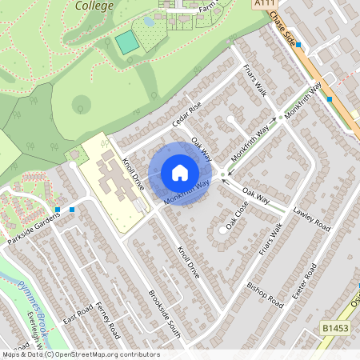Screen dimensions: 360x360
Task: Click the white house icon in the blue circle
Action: pos(180,172)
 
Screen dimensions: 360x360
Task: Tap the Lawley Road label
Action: pos(311,214)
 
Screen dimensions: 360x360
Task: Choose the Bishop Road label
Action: pos(265,294)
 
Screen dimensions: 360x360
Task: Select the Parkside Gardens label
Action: pos(31,218)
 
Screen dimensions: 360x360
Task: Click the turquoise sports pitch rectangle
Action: pos(126,42)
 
